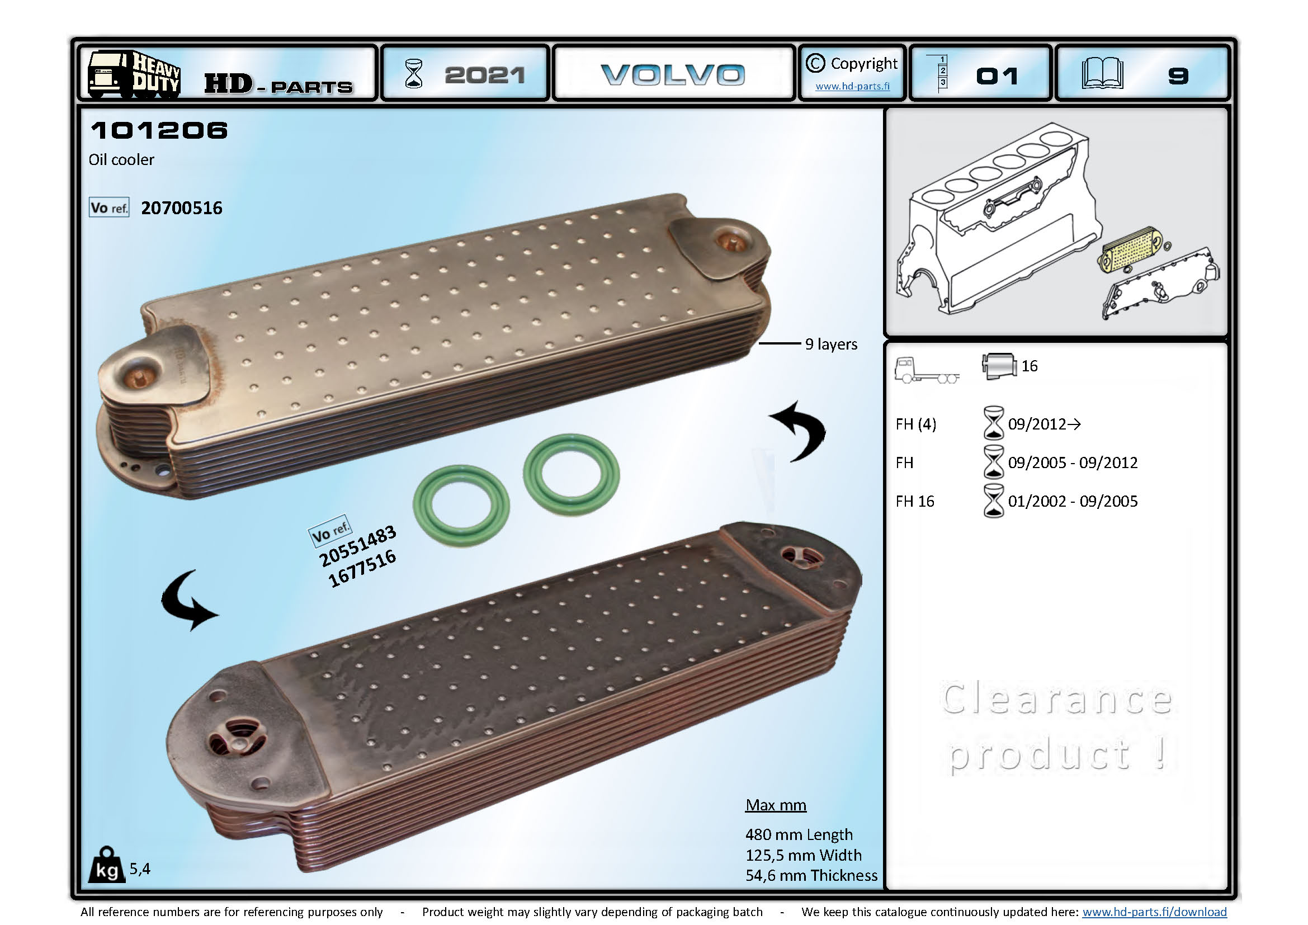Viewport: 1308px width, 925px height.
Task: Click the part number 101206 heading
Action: (x=159, y=130)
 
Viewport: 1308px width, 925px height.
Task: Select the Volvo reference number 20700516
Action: (x=181, y=208)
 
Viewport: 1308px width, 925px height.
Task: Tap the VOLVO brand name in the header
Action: (x=673, y=74)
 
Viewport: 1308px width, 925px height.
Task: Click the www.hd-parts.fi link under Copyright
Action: (x=852, y=87)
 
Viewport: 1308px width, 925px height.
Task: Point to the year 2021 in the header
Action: (x=484, y=75)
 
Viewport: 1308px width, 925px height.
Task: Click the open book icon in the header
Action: (x=1102, y=74)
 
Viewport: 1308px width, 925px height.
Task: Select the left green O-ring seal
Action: (x=461, y=505)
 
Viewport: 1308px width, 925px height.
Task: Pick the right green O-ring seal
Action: (x=571, y=474)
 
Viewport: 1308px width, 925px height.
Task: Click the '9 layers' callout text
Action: (x=830, y=344)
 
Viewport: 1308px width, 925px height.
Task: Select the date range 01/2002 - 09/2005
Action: (x=1072, y=501)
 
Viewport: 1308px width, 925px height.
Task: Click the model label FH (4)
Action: (x=915, y=424)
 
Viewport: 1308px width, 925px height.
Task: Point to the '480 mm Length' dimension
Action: (x=799, y=834)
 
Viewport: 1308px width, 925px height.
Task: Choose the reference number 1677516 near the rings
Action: (x=362, y=568)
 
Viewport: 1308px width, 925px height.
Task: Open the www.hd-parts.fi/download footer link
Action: (x=1154, y=912)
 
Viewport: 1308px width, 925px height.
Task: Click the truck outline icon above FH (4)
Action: (x=925, y=370)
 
